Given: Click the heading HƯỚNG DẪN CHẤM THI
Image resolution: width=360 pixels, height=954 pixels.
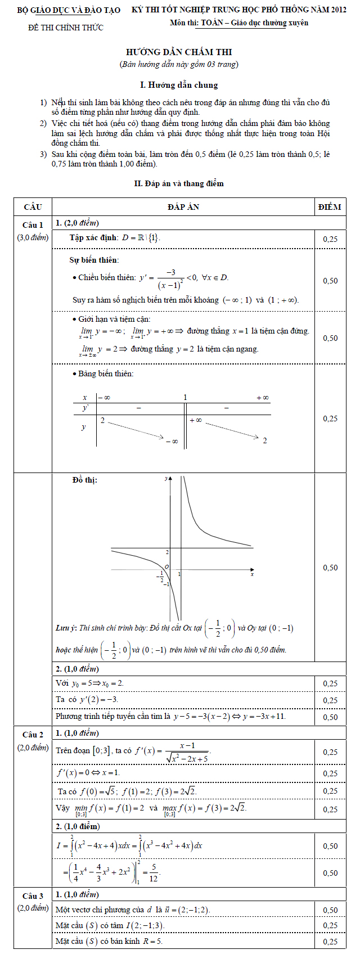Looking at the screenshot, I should point(178,52).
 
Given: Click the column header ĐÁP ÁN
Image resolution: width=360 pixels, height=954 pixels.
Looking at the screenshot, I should point(183,207).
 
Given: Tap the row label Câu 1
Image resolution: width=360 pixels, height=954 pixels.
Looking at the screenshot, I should point(33,225).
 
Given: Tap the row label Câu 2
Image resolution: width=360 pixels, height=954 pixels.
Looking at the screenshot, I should point(33,735).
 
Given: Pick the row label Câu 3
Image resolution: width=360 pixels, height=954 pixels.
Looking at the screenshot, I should point(33,896).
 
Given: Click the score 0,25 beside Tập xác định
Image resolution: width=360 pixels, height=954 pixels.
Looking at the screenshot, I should point(330,239).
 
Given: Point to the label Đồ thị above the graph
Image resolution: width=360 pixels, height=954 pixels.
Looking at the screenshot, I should point(85,480).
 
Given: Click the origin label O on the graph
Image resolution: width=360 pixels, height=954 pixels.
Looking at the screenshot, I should point(166,566).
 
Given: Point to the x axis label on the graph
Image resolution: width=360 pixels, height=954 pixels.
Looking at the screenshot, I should point(252,574).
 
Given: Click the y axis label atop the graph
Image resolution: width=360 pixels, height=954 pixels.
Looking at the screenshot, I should point(166,479).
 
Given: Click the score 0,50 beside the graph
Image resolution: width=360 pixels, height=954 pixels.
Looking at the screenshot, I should point(330,568).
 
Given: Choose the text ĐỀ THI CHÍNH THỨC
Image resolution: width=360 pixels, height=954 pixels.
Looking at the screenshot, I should point(66,28).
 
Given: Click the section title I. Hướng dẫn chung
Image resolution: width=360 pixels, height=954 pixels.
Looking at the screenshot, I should point(179,85).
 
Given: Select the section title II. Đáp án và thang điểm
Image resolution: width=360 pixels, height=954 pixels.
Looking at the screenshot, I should point(179,183).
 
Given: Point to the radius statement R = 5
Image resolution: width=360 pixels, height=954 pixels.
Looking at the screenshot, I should point(152,941).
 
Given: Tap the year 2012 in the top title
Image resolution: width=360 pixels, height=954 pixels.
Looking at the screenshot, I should point(338,10).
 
